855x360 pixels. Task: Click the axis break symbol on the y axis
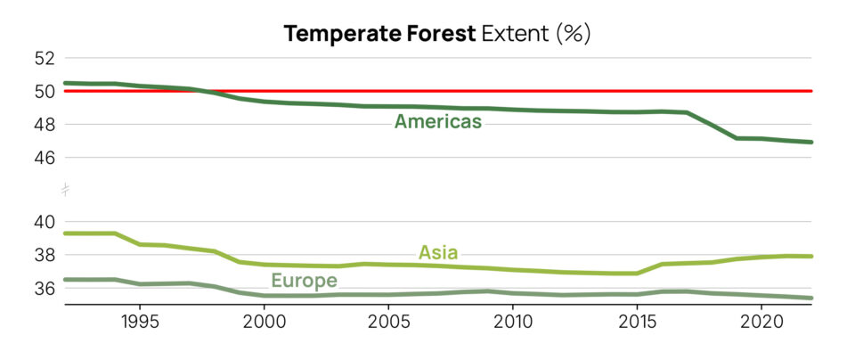click(x=65, y=189)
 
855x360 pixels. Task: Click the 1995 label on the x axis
click(x=140, y=320)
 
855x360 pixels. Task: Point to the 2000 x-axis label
click(x=265, y=320)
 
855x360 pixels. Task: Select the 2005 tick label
click(x=388, y=320)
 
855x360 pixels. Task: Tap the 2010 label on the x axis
click(x=513, y=320)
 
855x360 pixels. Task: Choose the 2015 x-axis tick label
click(x=637, y=320)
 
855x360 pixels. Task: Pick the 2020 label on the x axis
click(x=762, y=320)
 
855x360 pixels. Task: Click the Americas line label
click(x=438, y=121)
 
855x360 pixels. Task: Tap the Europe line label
click(x=304, y=281)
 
